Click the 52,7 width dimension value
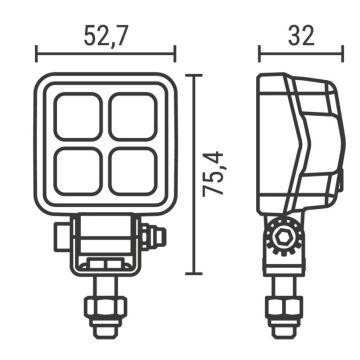coord(105,37)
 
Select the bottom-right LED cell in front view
coord(132,172)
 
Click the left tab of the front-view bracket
coord(59,238)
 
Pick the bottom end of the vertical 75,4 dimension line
coord(193,273)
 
